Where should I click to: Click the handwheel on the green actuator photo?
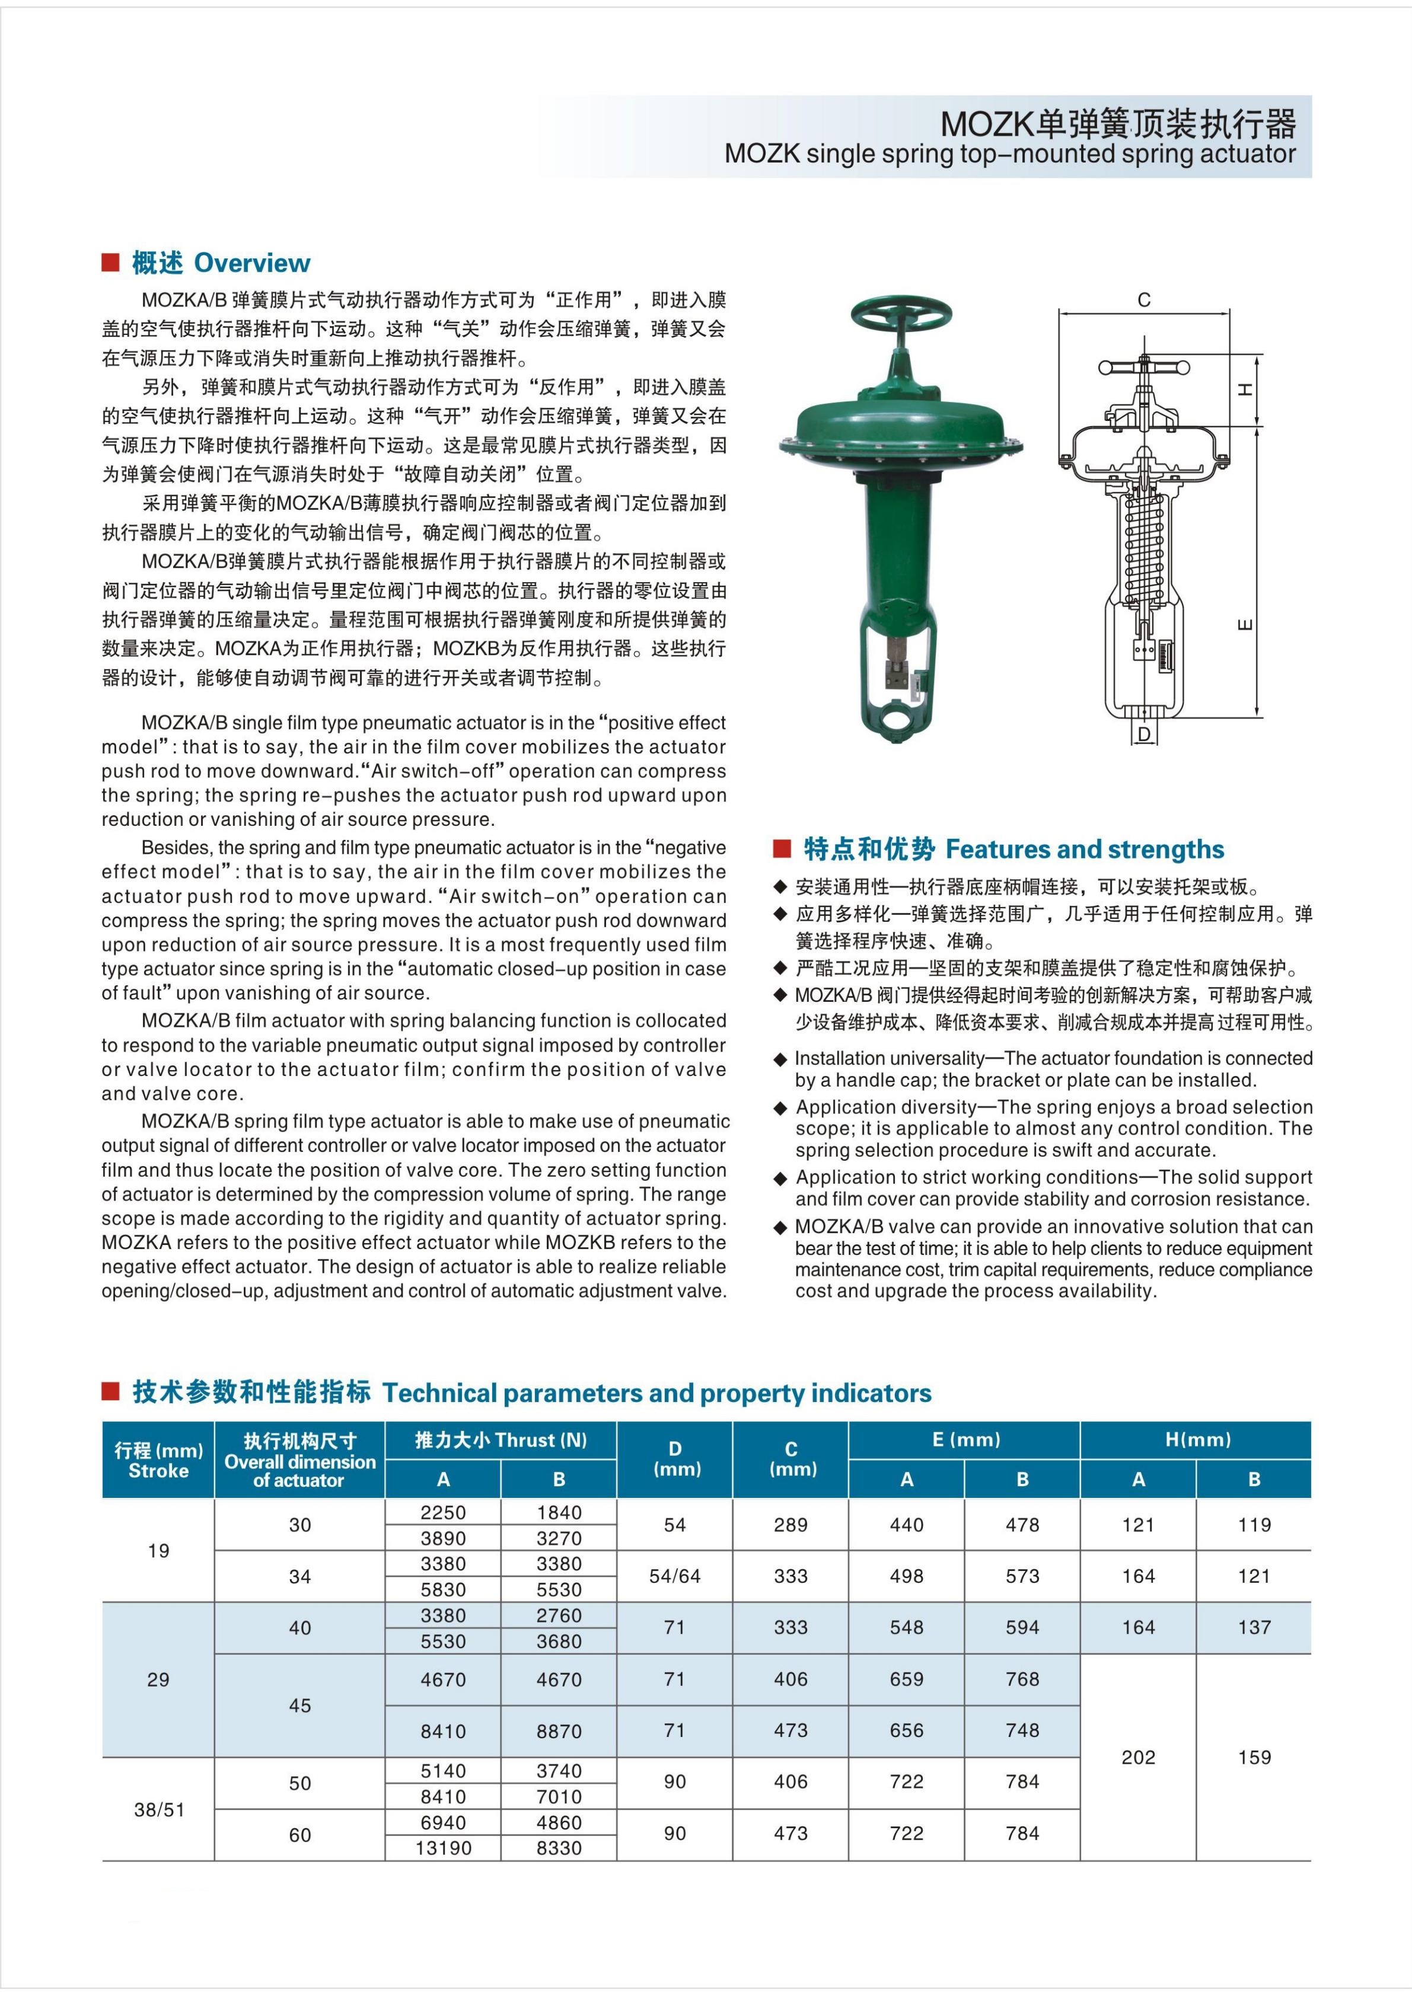tap(901, 312)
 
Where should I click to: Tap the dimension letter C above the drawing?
tap(1143, 300)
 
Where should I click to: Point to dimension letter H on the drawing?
tap(1246, 390)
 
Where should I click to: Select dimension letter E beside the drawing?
tap(1246, 624)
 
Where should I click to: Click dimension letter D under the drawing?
tap(1144, 734)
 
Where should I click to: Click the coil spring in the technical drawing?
tap(1144, 548)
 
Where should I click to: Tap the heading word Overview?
tap(251, 263)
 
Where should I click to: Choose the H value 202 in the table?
tap(1138, 1757)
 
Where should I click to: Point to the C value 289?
tap(791, 1524)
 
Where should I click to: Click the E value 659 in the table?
tap(906, 1679)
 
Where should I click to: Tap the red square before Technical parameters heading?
tap(110, 1392)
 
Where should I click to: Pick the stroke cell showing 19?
tap(158, 1550)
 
